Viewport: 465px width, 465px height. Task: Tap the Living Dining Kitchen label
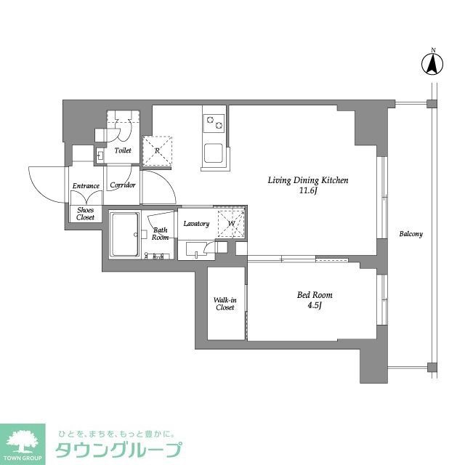coord(309,180)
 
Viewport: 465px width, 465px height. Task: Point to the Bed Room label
coord(315,295)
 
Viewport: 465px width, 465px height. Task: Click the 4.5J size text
coord(315,306)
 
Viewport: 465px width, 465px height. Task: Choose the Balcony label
coord(411,234)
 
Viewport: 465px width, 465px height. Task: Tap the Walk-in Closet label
coord(225,304)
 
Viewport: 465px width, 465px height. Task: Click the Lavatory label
coord(196,224)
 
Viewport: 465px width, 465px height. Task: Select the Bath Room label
coord(161,234)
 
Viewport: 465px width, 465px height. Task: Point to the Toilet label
coord(123,151)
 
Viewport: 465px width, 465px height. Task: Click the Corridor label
coord(123,185)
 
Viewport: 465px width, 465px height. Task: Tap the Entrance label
coord(85,186)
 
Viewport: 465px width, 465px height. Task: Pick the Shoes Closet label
coord(85,214)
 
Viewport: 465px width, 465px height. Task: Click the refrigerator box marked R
coord(158,151)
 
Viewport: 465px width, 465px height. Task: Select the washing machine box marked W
coord(232,223)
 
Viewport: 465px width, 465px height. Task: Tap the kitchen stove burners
coord(214,122)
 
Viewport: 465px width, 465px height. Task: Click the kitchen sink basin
coord(214,153)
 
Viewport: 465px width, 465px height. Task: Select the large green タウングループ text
coord(116,449)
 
